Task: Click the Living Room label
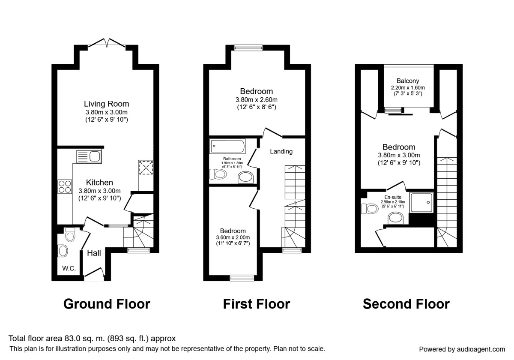point(106,104)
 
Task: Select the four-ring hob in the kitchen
point(64,187)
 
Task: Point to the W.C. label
point(69,269)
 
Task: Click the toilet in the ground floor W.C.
point(70,235)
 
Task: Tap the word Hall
point(94,253)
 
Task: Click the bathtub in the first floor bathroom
point(227,147)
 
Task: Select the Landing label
point(281,151)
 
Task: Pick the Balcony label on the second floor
point(407,81)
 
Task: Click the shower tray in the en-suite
point(422,202)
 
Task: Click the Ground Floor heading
point(107,304)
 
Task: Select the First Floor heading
point(256,304)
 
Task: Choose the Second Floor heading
point(406,304)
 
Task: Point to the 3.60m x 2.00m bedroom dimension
point(233,237)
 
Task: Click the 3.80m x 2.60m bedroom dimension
point(256,100)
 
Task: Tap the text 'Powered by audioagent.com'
point(462,349)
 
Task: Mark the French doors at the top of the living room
point(107,42)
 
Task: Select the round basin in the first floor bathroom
point(246,177)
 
